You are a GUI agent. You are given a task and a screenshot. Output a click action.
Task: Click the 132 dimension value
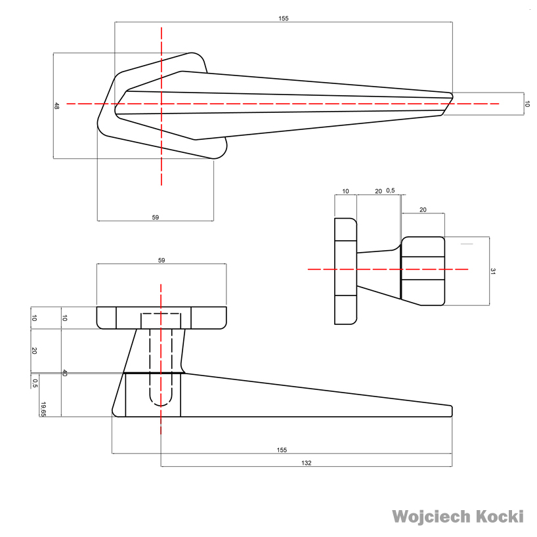coord(306,463)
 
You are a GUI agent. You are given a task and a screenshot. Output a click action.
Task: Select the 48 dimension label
coord(57,105)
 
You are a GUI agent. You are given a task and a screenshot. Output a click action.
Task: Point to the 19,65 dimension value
coord(43,409)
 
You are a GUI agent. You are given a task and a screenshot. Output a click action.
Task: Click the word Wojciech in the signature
coord(431,517)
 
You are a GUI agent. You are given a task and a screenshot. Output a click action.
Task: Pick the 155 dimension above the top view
coord(283,18)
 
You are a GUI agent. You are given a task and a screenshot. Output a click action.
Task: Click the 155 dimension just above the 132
coord(282,450)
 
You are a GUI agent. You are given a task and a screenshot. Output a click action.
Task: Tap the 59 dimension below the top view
coord(156,217)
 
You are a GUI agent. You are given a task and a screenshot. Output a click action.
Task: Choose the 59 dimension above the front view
coord(161,260)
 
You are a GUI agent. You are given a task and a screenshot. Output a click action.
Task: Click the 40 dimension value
coord(64,373)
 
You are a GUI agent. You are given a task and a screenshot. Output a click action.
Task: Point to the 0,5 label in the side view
coord(391,191)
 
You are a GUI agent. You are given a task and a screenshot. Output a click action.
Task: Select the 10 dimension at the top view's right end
coord(526,104)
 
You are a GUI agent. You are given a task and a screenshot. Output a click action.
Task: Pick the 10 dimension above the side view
coord(345,191)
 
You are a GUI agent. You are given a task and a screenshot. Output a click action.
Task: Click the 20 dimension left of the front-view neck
coord(34,351)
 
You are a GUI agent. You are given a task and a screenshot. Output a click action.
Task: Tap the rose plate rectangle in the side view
coord(345,270)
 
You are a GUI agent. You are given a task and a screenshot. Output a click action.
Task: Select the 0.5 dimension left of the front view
coord(34,381)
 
